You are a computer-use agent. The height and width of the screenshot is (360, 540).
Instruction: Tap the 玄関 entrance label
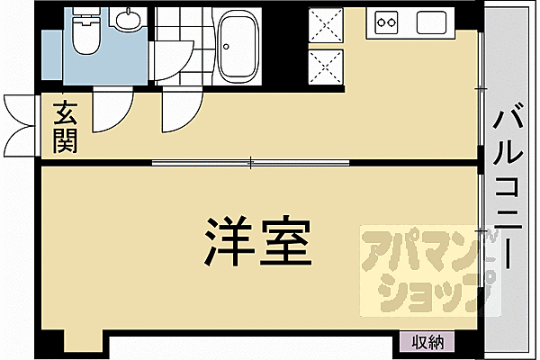64,127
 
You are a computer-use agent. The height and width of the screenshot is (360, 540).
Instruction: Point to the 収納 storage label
428,341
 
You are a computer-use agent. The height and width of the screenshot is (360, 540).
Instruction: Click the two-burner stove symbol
388,20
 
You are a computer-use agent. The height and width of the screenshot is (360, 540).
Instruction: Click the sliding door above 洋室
251,163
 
